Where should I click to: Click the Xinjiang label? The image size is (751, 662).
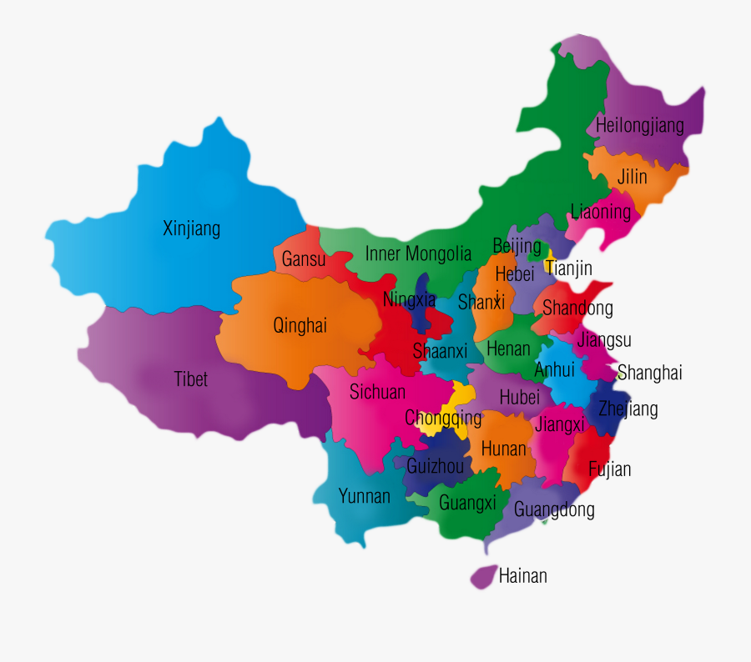tap(192, 228)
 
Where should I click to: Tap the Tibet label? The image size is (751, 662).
tap(190, 379)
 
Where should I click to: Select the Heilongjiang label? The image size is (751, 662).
tap(640, 126)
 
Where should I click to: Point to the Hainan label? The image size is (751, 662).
tap(523, 575)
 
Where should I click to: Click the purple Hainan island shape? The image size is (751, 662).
tap(482, 577)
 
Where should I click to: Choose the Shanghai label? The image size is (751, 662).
tap(650, 373)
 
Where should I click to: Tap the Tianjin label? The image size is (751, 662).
tap(569, 268)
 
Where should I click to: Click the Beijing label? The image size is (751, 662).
tap(517, 247)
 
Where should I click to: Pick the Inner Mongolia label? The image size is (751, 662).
tap(418, 254)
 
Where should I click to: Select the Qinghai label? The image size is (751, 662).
tap(300, 326)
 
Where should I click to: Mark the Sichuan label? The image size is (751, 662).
tap(377, 392)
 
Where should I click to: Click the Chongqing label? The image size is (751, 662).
tap(443, 418)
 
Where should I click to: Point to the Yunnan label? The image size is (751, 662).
tap(364, 496)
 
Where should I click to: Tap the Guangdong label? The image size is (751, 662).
tap(554, 509)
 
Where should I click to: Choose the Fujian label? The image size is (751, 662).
tap(610, 469)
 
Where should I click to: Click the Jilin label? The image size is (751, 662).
tap(633, 177)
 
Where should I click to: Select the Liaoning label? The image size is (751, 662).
tap(601, 211)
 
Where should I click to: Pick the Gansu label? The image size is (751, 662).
tap(304, 259)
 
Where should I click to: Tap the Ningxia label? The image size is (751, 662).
tap(409, 299)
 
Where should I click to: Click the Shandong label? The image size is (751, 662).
tap(577, 308)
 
